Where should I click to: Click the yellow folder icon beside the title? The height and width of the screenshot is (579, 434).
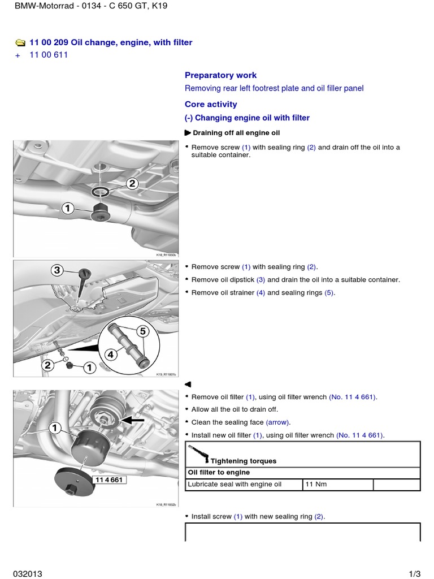pyautogui.click(x=20, y=42)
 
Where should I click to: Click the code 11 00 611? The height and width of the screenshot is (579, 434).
pyautogui.click(x=49, y=55)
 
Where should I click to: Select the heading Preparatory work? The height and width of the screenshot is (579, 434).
pyautogui.click(x=220, y=75)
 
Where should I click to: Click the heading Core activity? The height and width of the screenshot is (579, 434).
pyautogui.click(x=211, y=104)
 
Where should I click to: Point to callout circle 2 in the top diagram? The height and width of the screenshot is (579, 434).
pyautogui.click(x=132, y=183)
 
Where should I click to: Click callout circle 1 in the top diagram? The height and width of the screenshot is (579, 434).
pyautogui.click(x=68, y=209)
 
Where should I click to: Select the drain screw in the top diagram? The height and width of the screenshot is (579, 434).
pyautogui.click(x=101, y=213)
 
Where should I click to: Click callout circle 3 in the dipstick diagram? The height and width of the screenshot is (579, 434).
pyautogui.click(x=57, y=270)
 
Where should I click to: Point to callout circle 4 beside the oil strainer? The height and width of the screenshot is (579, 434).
pyautogui.click(x=111, y=355)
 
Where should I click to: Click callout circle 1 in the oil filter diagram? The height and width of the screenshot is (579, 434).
pyautogui.click(x=55, y=429)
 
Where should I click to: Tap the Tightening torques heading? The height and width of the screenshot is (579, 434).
pyautogui.click(x=243, y=461)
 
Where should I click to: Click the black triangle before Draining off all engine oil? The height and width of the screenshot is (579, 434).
pyautogui.click(x=188, y=133)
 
